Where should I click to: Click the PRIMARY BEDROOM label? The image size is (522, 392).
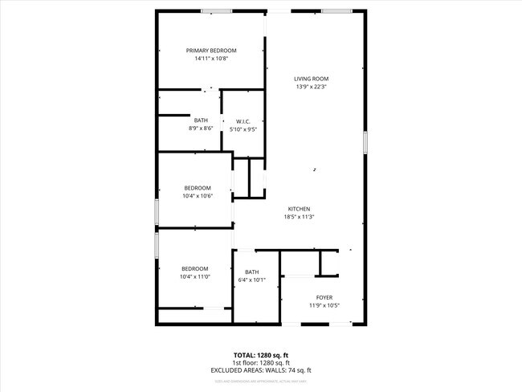pos(211,51)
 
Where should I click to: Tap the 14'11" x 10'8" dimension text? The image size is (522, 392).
pos(211,59)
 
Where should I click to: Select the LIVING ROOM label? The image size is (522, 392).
pos(312,79)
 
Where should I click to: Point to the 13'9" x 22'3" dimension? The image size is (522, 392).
pos(312,87)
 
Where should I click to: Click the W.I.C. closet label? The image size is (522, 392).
pos(243,120)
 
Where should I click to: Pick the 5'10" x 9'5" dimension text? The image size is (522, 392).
pos(243,129)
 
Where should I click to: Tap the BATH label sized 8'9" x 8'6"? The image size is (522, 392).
pos(200,120)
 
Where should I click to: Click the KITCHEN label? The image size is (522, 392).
pos(299,209)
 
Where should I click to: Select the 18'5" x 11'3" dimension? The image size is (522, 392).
pos(299,217)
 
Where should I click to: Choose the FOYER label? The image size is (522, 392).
pos(324,297)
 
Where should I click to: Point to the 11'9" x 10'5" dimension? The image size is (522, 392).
pos(324,305)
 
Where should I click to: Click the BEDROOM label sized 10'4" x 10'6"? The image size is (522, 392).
pos(197,188)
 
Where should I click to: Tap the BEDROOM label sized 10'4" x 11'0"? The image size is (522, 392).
pos(194,268)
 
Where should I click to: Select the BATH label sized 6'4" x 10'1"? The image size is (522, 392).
pos(252,272)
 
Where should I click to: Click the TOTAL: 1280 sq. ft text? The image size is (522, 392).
pos(261,355)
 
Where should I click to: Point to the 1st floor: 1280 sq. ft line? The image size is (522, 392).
pos(261,362)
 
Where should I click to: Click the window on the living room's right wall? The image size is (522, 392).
pos(365,142)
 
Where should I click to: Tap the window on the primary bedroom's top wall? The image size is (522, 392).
pos(216,10)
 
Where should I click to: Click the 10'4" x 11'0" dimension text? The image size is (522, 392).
pos(194,276)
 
